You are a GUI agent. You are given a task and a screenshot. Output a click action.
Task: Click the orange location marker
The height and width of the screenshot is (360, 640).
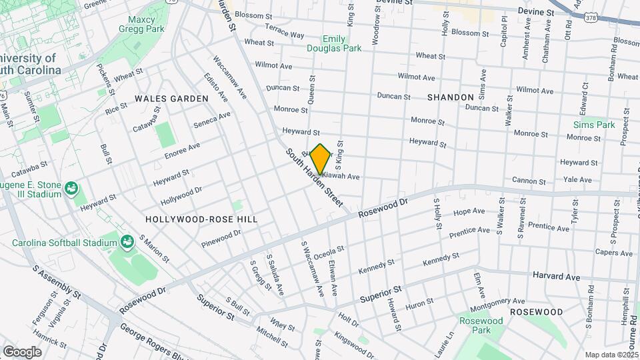[x=321, y=159]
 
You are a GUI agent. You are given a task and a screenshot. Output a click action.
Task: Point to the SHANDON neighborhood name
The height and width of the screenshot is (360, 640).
[x=450, y=97]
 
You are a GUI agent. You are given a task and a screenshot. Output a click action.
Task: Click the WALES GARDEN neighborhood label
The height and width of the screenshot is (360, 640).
[x=171, y=99]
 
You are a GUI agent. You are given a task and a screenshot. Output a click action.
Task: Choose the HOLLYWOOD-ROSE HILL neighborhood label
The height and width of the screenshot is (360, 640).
[x=201, y=219]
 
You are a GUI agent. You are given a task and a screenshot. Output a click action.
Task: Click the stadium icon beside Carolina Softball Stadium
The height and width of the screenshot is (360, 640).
[x=127, y=240]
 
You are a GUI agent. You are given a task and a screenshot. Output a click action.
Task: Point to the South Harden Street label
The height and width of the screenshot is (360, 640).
[x=314, y=177]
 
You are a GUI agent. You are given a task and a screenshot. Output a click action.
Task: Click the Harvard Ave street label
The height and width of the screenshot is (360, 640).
[x=556, y=276]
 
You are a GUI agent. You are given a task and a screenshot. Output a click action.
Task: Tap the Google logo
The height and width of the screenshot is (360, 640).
[x=22, y=351]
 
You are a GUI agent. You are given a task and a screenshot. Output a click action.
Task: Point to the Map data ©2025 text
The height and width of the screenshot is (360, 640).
[x=611, y=355]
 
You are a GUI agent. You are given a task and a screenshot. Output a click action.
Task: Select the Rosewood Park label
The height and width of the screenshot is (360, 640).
[x=481, y=325]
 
